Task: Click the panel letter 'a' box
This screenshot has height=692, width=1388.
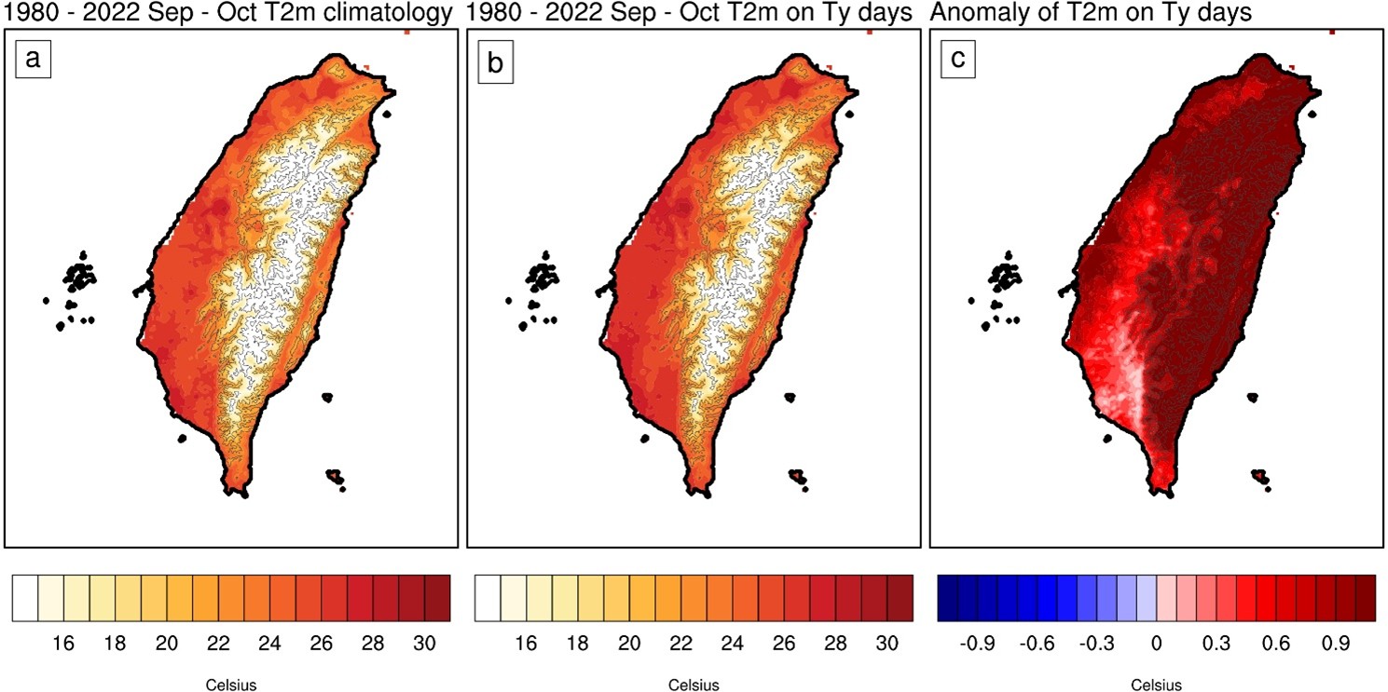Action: point(34,61)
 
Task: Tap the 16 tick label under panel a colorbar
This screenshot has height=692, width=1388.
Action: point(63,644)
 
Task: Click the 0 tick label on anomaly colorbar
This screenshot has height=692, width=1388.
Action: point(1157,644)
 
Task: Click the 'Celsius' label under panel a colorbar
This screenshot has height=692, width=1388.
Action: point(231,685)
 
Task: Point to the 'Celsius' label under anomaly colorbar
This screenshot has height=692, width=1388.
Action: point(1157,685)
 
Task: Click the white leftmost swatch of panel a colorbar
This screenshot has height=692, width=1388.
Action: point(25,597)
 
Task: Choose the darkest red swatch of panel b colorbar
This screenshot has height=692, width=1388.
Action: point(900,597)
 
